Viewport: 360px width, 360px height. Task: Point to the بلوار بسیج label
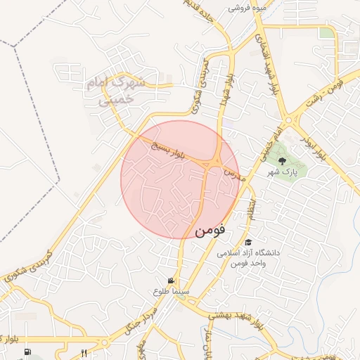tap(167, 150)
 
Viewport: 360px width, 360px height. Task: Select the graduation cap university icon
tap(248, 242)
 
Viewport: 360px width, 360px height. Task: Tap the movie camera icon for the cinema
tap(172, 281)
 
